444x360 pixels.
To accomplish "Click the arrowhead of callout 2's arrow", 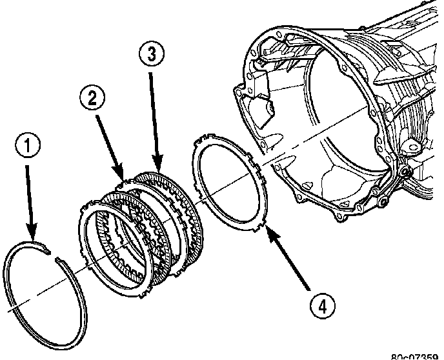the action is [122, 176].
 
